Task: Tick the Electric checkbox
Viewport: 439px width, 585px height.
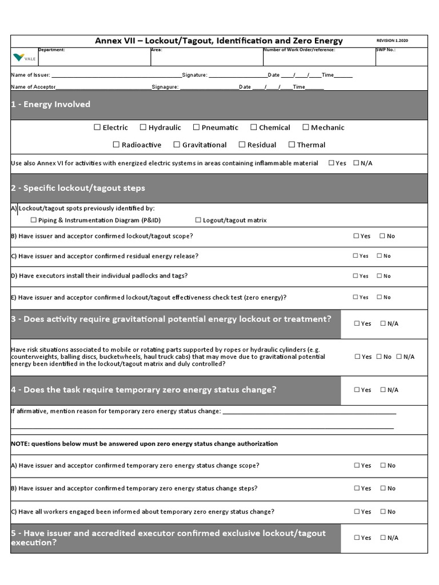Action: [x=97, y=127]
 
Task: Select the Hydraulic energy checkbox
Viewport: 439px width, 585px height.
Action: [x=143, y=127]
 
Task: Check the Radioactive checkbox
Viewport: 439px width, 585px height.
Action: [x=116, y=145]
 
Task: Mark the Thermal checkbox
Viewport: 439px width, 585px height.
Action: [x=292, y=145]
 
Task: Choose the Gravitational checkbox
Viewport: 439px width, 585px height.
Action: [x=177, y=145]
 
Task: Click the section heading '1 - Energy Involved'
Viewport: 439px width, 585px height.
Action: [x=50, y=105]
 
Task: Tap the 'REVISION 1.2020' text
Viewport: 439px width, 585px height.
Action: [x=392, y=41]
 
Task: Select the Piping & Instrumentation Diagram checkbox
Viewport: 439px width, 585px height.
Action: [x=33, y=220]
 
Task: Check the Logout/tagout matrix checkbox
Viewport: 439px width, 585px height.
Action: [x=198, y=220]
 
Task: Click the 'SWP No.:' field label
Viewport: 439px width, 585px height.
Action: [x=385, y=50]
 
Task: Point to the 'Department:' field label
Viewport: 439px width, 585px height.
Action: [x=51, y=50]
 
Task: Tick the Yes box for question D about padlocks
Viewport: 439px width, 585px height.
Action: [x=356, y=276]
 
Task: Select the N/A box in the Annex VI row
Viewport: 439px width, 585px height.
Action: [x=357, y=163]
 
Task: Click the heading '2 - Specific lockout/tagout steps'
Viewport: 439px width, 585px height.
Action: [x=78, y=188]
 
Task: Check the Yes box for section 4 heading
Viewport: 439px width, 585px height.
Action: [x=357, y=390]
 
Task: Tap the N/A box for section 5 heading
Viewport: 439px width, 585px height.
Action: [x=383, y=538]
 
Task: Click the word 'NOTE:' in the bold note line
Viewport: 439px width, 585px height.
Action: [x=21, y=444]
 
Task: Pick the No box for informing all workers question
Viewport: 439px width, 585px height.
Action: [x=383, y=512]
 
